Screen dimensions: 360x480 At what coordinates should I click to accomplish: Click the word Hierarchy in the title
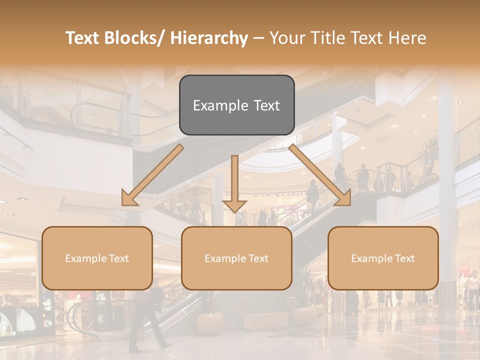[x=209, y=38]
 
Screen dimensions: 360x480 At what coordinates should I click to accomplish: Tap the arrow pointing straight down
[x=234, y=185]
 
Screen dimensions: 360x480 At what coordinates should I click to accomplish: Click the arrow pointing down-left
[x=152, y=175]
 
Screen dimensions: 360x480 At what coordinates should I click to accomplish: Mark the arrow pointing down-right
[x=320, y=175]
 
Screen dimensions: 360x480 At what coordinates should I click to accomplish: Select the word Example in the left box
[x=86, y=258]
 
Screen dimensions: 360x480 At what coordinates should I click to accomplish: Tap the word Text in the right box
[x=404, y=258]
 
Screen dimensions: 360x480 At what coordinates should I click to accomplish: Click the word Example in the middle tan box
[x=225, y=258]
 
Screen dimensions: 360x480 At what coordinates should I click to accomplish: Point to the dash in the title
[x=258, y=38]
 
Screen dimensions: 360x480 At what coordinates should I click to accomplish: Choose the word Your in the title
[x=286, y=38]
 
